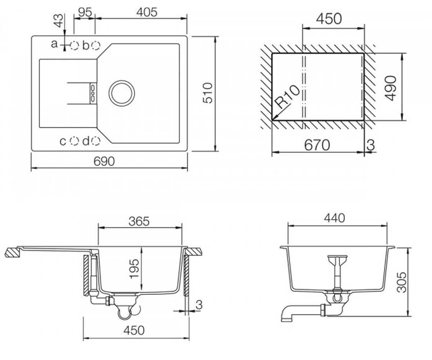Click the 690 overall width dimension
coord(104,161)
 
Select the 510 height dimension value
coord(207,93)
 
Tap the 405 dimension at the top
coord(147,12)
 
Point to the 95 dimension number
coord(85,12)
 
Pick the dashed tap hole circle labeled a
coord(74,45)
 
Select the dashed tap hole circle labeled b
coord(96,45)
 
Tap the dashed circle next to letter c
coord(74,141)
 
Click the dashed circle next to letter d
coord(96,141)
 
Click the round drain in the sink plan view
coord(122,93)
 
